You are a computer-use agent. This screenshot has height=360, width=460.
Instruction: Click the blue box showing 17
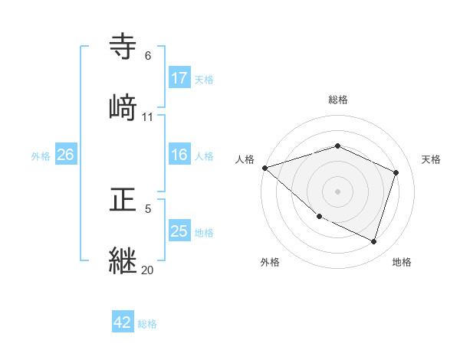click(x=179, y=78)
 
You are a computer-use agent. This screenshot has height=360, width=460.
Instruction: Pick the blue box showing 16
click(x=179, y=155)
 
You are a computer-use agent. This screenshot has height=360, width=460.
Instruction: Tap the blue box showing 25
click(x=179, y=232)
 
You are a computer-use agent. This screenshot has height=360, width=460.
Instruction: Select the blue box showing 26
click(x=66, y=155)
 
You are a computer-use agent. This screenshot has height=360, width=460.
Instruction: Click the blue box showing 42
click(x=123, y=322)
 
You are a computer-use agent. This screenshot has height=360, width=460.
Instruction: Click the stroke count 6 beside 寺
click(x=148, y=56)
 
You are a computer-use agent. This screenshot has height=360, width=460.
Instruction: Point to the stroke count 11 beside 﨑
click(x=148, y=117)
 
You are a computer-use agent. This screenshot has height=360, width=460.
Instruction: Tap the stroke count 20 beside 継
click(x=148, y=270)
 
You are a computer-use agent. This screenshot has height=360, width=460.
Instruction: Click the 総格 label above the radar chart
click(x=337, y=100)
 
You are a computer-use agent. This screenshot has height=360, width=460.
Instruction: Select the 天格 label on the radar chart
click(x=432, y=159)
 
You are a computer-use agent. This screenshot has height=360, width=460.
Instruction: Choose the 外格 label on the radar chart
click(x=270, y=262)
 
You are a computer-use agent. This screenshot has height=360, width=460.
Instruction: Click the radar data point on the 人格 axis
click(x=264, y=168)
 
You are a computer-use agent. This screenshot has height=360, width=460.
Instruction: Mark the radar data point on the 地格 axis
click(x=373, y=241)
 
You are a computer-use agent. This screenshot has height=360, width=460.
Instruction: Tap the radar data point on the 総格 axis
click(x=337, y=146)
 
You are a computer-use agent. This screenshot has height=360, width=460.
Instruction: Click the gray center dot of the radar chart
click(x=337, y=191)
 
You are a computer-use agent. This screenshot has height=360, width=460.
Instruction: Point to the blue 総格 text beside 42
click(x=147, y=324)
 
